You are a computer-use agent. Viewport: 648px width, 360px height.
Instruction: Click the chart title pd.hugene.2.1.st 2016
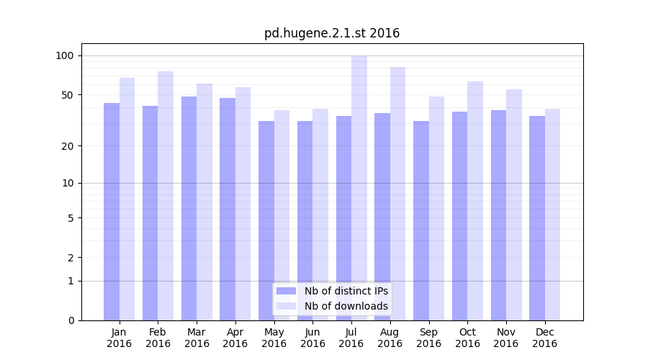click(x=331, y=33)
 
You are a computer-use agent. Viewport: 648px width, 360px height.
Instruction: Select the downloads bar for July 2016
click(x=359, y=188)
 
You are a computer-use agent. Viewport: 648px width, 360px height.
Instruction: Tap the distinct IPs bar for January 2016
click(x=112, y=212)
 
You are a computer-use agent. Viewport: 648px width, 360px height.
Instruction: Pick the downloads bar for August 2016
click(x=397, y=194)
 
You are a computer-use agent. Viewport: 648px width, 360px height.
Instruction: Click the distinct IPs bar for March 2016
click(x=189, y=208)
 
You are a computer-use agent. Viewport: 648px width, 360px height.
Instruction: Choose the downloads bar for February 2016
click(x=166, y=196)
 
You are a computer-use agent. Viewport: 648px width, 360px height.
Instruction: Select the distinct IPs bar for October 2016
click(x=459, y=216)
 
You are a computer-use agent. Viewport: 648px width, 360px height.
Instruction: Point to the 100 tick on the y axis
click(x=65, y=56)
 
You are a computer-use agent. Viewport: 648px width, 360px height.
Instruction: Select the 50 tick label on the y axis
click(x=67, y=95)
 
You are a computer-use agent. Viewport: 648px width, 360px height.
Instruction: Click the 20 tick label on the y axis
click(x=67, y=146)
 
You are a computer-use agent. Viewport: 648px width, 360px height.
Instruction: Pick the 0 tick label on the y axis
click(x=70, y=320)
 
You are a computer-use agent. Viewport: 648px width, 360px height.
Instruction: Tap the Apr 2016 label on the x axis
click(x=235, y=338)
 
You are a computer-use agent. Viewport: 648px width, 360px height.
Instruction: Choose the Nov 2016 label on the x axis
click(x=506, y=338)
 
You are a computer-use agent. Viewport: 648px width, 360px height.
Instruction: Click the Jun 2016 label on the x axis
click(x=312, y=338)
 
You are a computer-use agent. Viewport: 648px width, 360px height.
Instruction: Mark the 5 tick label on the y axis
click(x=70, y=218)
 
